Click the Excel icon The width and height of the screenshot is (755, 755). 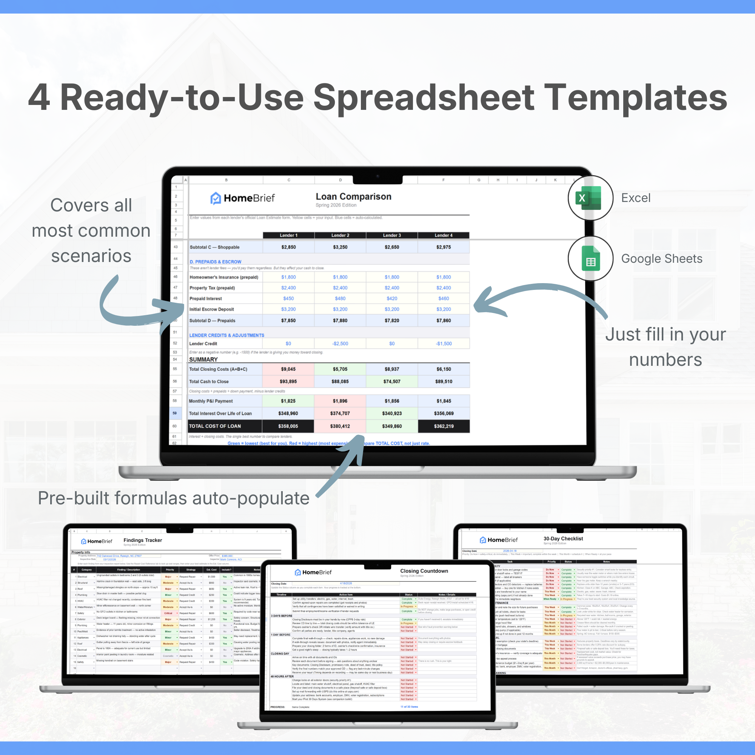(x=590, y=198)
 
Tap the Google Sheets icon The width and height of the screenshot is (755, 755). (x=590, y=258)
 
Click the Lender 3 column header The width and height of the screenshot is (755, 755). (x=391, y=235)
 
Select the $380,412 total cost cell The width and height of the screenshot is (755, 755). (x=340, y=426)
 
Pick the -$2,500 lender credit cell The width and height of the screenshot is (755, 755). (x=340, y=344)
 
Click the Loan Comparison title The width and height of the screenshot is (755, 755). (x=353, y=197)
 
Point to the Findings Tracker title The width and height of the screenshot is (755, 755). (x=143, y=540)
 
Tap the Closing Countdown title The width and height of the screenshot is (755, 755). (x=424, y=571)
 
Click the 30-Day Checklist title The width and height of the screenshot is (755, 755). (x=563, y=539)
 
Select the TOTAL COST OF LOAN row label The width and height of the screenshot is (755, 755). (x=215, y=426)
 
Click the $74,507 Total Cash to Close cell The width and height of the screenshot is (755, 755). (x=391, y=381)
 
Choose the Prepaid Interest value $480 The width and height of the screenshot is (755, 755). (x=340, y=299)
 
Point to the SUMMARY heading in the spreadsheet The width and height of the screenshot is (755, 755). (x=203, y=359)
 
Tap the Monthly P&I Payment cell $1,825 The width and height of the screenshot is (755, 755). (x=288, y=401)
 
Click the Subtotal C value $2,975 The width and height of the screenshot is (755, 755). (x=444, y=247)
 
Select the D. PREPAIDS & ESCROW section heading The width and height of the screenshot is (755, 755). (x=215, y=262)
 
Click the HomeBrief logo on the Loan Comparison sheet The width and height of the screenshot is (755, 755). (x=243, y=198)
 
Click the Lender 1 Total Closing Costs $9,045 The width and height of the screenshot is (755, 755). (x=288, y=369)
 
